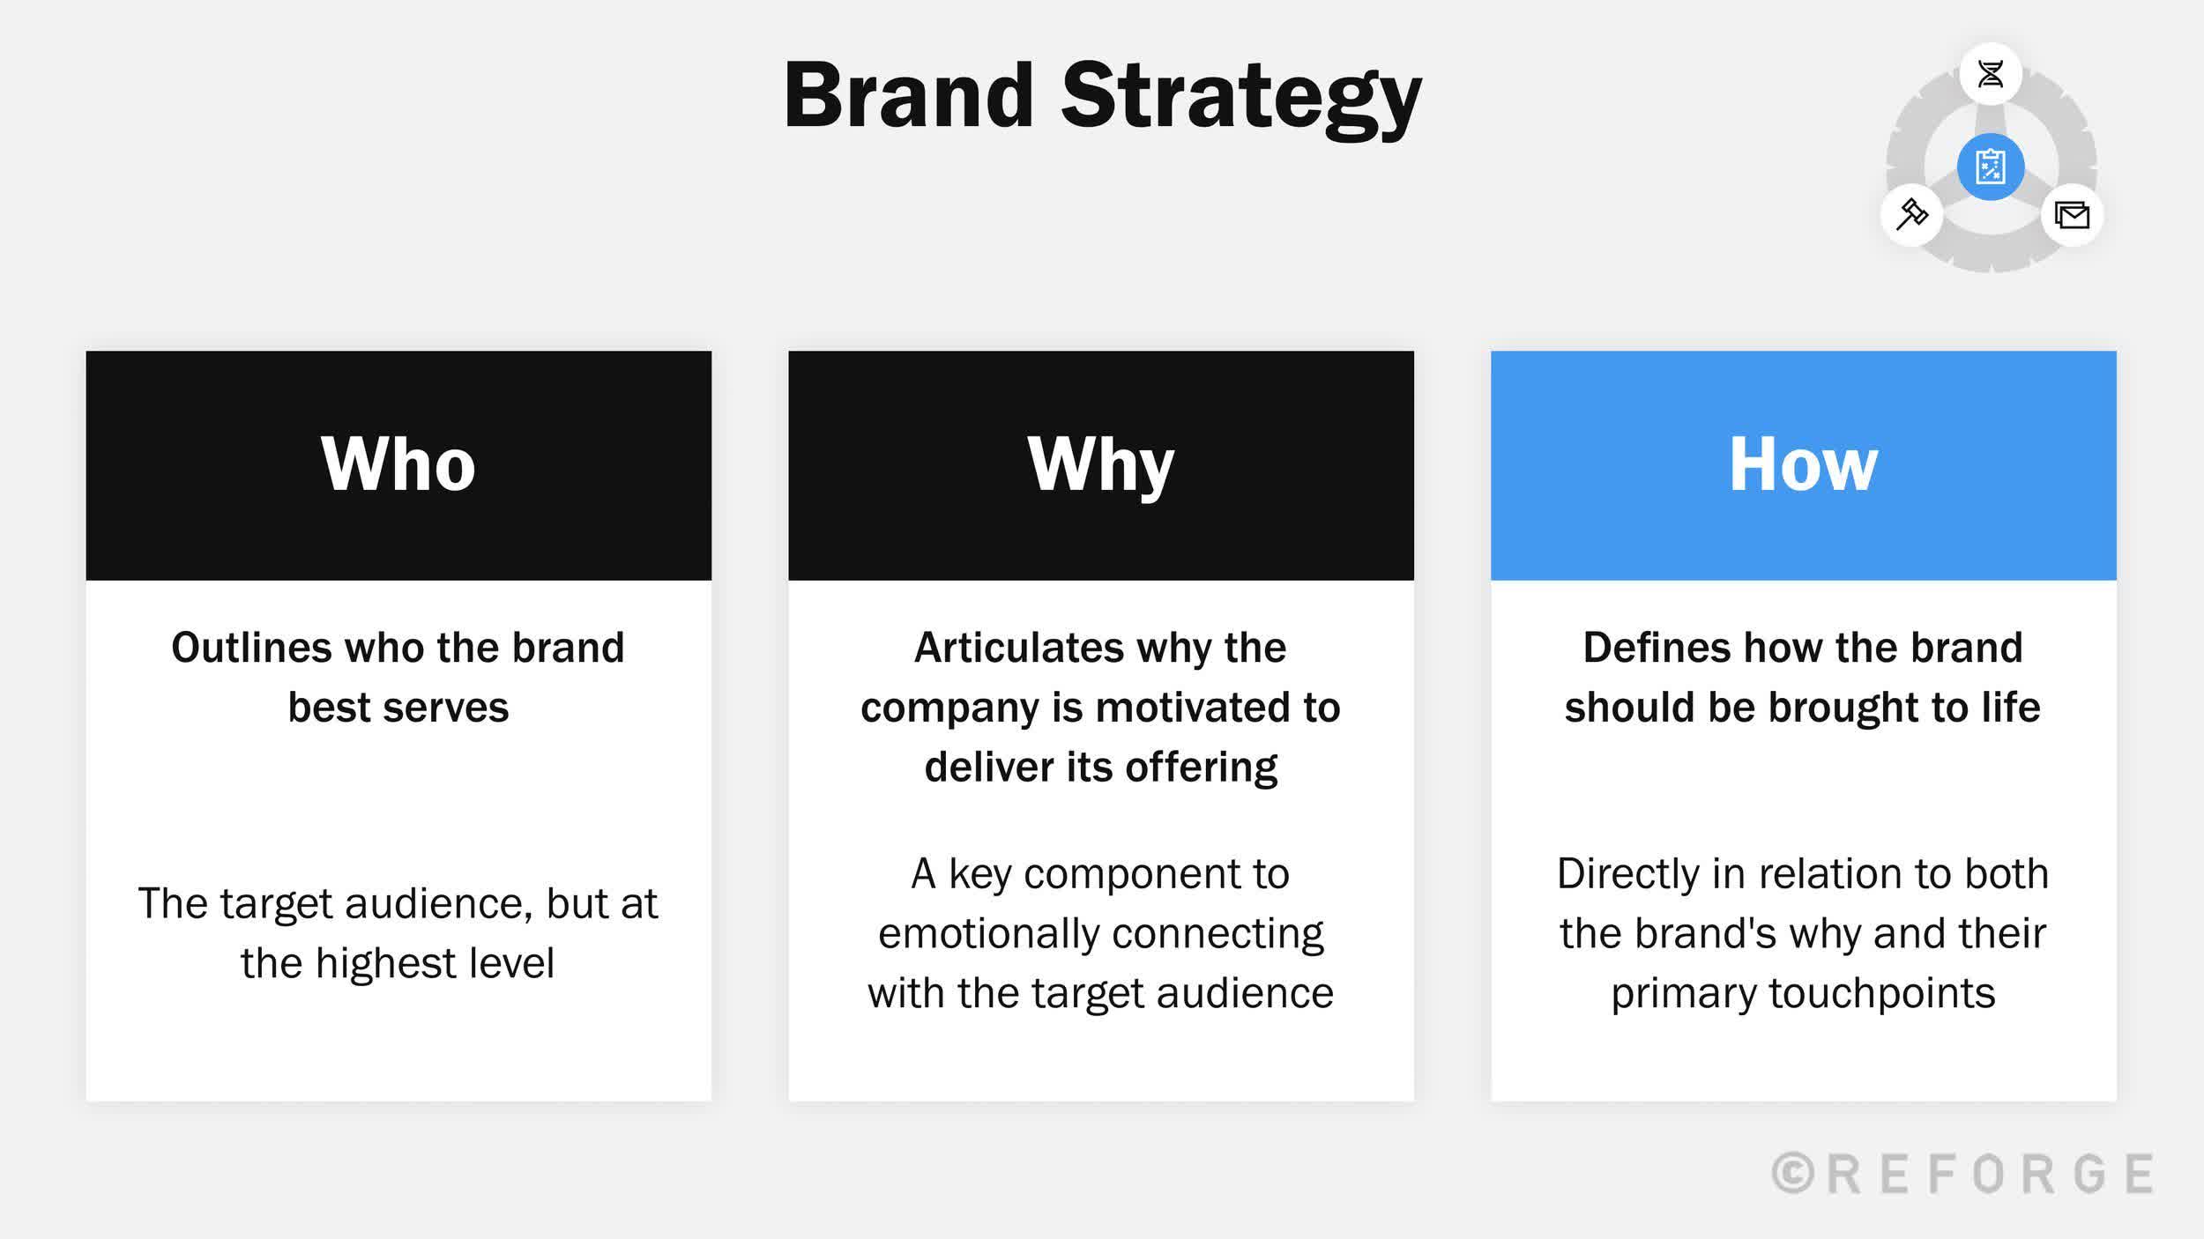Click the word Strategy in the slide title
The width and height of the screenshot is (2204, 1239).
tap(1240, 99)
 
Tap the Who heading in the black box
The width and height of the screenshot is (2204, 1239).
tap(398, 464)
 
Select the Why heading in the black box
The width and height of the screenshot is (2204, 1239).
tap(1100, 464)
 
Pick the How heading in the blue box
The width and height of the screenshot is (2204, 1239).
tap(1803, 464)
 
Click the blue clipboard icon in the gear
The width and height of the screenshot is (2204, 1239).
tap(1990, 167)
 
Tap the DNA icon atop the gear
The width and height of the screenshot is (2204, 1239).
tap(1990, 74)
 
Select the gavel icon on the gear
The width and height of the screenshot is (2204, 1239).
tap(1911, 214)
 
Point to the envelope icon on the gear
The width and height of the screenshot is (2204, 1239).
tap(2072, 215)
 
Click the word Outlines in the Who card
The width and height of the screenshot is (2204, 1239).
tap(250, 648)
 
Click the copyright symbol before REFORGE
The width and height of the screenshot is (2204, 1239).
tap(1792, 1174)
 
